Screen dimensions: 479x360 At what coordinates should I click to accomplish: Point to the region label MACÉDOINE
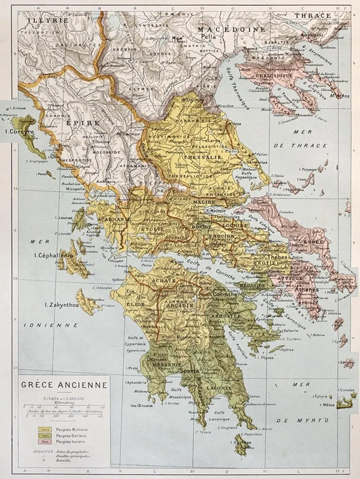pyautogui.click(x=232, y=29)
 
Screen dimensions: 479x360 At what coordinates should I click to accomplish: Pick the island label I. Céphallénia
pyautogui.click(x=53, y=255)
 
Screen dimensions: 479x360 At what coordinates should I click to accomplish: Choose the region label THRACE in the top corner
pyautogui.click(x=316, y=15)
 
